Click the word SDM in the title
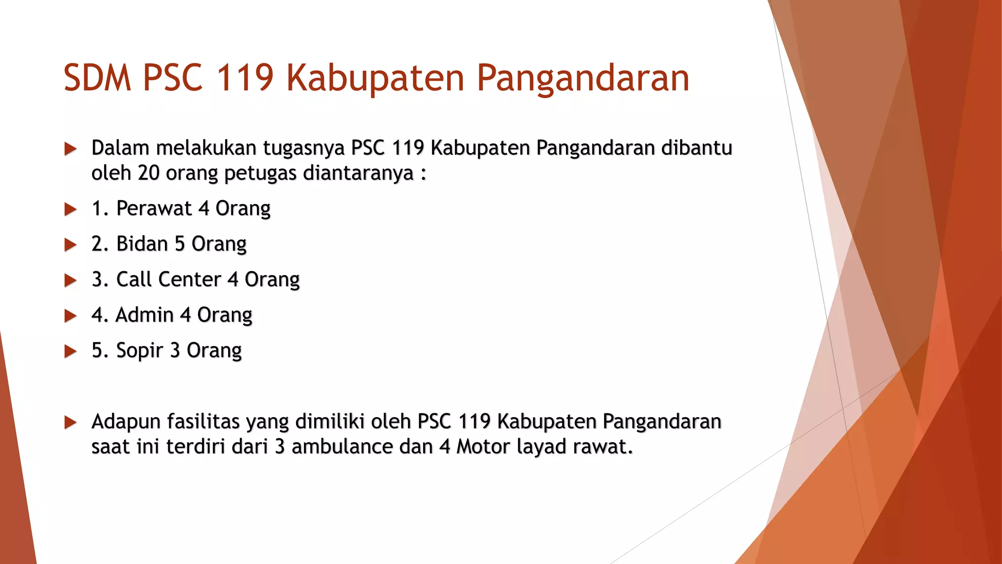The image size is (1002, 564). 97,78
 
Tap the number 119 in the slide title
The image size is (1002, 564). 245,78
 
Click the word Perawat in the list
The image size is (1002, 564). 154,209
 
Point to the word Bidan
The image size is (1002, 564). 142,244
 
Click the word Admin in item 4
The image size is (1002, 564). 144,315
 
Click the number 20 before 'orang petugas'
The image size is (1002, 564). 149,173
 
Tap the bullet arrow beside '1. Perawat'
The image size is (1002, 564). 70,210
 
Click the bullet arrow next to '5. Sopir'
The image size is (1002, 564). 70,351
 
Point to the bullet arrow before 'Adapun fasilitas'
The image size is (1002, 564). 70,422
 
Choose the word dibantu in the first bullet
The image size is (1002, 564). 696,148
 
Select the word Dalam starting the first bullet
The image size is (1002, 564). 120,148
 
